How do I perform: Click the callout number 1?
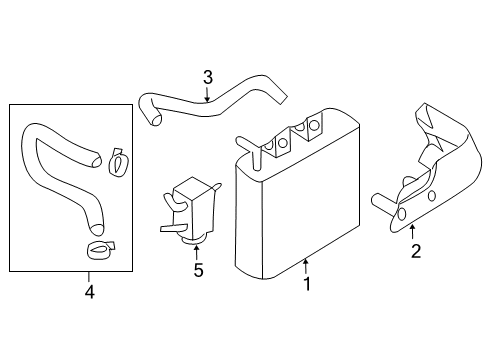pos(307,284)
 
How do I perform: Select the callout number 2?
pos(415,250)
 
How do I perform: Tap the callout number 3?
pos(207,77)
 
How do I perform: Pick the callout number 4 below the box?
pos(88,292)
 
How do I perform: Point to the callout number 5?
pos(198,269)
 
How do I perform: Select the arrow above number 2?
pos(414,231)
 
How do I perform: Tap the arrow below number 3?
pos(207,96)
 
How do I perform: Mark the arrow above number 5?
pos(198,250)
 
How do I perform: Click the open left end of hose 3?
pos(153,119)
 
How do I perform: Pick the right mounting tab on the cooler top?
pos(314,128)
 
